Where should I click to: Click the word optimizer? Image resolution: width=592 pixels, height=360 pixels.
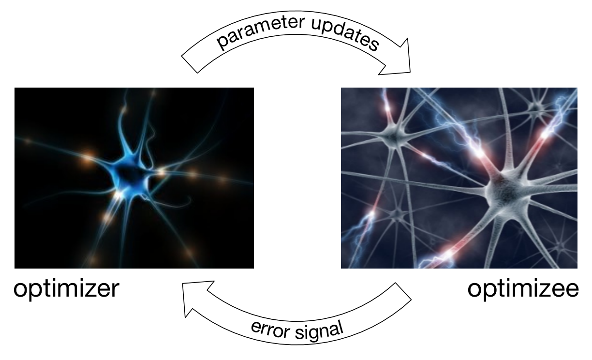[66, 289]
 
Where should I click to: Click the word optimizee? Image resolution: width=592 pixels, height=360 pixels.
[523, 289]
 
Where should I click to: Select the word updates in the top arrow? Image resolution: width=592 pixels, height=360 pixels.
[345, 34]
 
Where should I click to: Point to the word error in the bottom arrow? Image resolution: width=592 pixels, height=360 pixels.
[271, 330]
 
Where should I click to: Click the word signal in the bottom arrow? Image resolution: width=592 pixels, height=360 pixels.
[319, 331]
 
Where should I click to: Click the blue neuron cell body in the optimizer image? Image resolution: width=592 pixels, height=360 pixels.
[130, 177]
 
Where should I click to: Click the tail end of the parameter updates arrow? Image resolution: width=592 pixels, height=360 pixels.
[190, 64]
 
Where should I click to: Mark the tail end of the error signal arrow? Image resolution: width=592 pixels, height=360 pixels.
[403, 291]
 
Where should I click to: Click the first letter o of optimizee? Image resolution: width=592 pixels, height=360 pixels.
[475, 290]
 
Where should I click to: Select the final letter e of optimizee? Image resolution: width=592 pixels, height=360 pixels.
[572, 290]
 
